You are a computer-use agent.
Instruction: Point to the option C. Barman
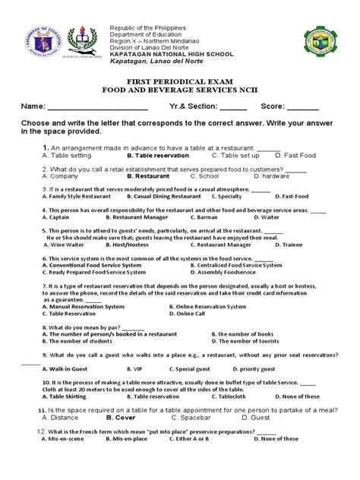(204, 216)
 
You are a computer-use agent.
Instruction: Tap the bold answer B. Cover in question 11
(121, 417)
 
